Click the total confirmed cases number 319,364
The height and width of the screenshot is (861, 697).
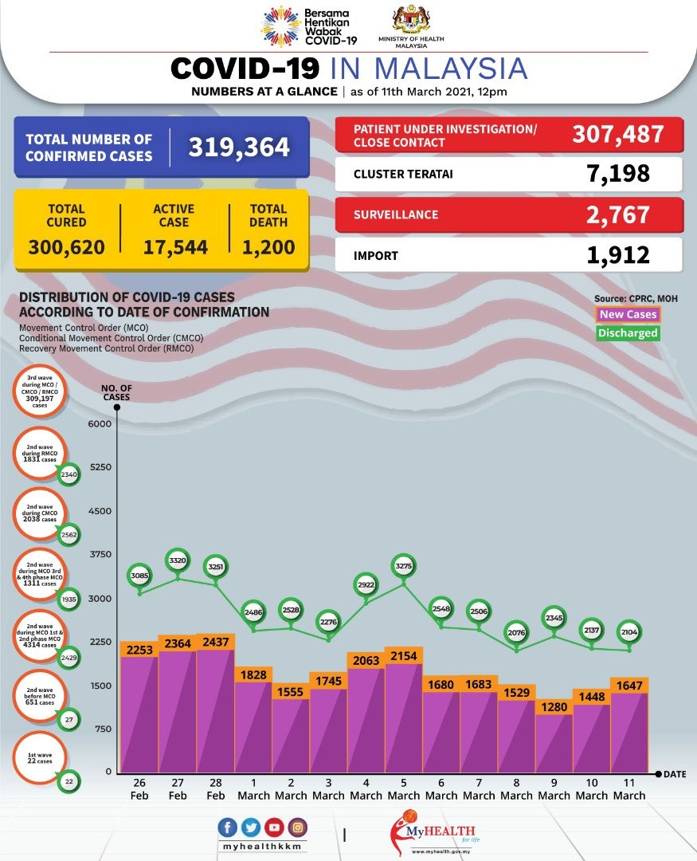tap(239, 147)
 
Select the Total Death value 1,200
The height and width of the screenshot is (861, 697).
tap(268, 247)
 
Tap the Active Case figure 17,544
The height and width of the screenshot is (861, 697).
tap(175, 247)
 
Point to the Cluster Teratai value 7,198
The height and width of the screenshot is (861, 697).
tap(615, 173)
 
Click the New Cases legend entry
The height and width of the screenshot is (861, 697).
tap(628, 314)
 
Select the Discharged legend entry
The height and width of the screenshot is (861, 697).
tap(628, 333)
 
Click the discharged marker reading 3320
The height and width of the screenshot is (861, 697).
tap(178, 561)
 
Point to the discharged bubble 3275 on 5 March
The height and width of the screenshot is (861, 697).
tap(403, 567)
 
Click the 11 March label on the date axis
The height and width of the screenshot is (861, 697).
tap(629, 789)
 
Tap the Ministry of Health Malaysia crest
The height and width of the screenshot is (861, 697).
tap(411, 20)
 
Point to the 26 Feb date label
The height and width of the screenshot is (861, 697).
tap(140, 789)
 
